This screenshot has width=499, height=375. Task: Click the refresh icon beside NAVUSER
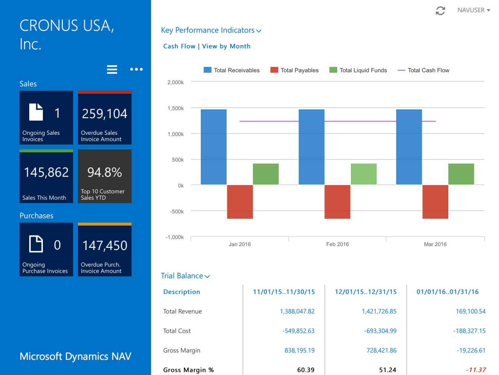pos(440,11)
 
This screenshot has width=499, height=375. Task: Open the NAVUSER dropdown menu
pos(474,10)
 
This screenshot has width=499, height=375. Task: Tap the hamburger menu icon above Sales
pos(112,70)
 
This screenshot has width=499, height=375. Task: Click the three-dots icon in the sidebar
pos(136,70)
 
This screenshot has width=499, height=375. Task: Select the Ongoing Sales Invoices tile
pos(46,118)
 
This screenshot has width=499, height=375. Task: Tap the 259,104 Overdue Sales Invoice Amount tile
pos(104,118)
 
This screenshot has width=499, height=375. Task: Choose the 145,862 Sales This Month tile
pos(46,176)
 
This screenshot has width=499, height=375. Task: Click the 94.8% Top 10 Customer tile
pos(104,176)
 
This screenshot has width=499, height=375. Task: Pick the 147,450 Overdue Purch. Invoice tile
pos(104,250)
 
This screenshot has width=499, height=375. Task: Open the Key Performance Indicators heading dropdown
pos(211,30)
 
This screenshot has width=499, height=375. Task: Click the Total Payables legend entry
pos(295,70)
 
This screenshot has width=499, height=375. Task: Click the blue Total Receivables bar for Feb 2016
pos(311,147)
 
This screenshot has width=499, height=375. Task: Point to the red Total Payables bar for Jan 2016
pos(240,202)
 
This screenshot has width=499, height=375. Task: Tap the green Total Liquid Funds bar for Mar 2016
pos(461,174)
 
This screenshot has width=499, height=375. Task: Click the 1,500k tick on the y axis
pos(175,108)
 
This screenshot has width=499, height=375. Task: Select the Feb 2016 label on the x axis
pos(338,244)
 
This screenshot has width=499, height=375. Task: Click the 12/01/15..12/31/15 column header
pos(366,292)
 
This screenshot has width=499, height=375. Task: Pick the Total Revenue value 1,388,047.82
pos(297,311)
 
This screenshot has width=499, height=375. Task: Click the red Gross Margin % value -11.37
pos(476,370)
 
